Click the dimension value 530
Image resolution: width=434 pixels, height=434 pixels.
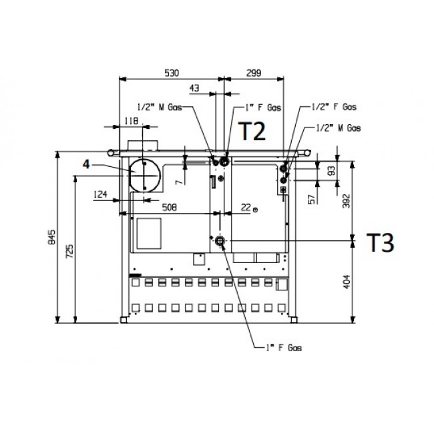point(172,73)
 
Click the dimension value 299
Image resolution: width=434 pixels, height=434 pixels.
point(254,73)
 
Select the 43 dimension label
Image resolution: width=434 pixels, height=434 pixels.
point(194,88)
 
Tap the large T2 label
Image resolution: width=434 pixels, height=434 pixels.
point(252,132)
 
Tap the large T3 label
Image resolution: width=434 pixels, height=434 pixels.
point(381,242)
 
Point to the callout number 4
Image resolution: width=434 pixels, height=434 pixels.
point(86,165)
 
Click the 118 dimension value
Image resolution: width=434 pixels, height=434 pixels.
point(131,122)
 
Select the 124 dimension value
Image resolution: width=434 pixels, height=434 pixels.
point(100,194)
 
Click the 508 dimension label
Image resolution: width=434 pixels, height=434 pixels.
point(169,207)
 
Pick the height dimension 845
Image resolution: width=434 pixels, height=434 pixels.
point(52,236)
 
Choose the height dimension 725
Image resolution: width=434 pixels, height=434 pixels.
point(69,251)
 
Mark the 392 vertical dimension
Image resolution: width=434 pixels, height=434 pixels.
point(347,201)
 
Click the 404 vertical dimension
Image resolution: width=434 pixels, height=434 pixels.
point(347,282)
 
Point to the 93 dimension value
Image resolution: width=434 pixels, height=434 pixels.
point(331,170)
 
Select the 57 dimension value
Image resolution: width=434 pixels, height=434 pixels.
point(312,199)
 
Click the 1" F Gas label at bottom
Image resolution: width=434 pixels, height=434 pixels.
point(284,348)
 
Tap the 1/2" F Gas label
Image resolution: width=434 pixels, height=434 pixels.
point(334,107)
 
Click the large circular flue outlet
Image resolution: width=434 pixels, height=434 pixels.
point(145,176)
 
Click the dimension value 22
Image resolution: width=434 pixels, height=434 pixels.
point(246,207)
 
